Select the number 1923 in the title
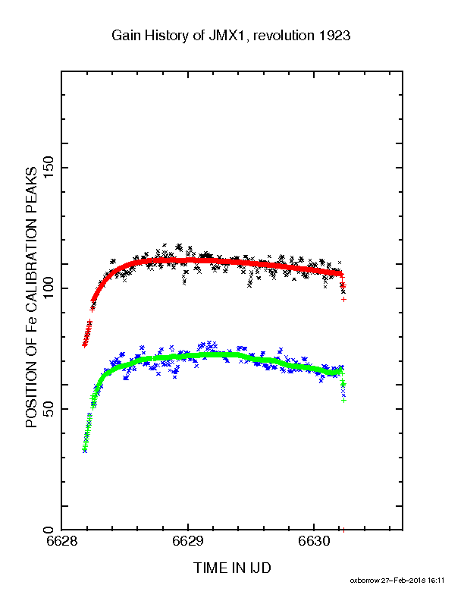(x=334, y=36)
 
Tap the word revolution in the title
(x=284, y=36)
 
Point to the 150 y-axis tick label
(x=49, y=168)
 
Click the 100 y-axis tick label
(x=49, y=288)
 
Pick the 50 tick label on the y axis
(x=49, y=409)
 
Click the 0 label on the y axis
(x=49, y=530)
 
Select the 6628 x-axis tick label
(x=61, y=541)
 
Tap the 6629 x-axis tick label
(x=187, y=541)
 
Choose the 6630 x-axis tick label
(x=314, y=541)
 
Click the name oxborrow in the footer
(x=365, y=581)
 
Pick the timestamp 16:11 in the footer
(x=436, y=581)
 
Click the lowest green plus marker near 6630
(x=343, y=400)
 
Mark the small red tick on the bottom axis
(x=343, y=530)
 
